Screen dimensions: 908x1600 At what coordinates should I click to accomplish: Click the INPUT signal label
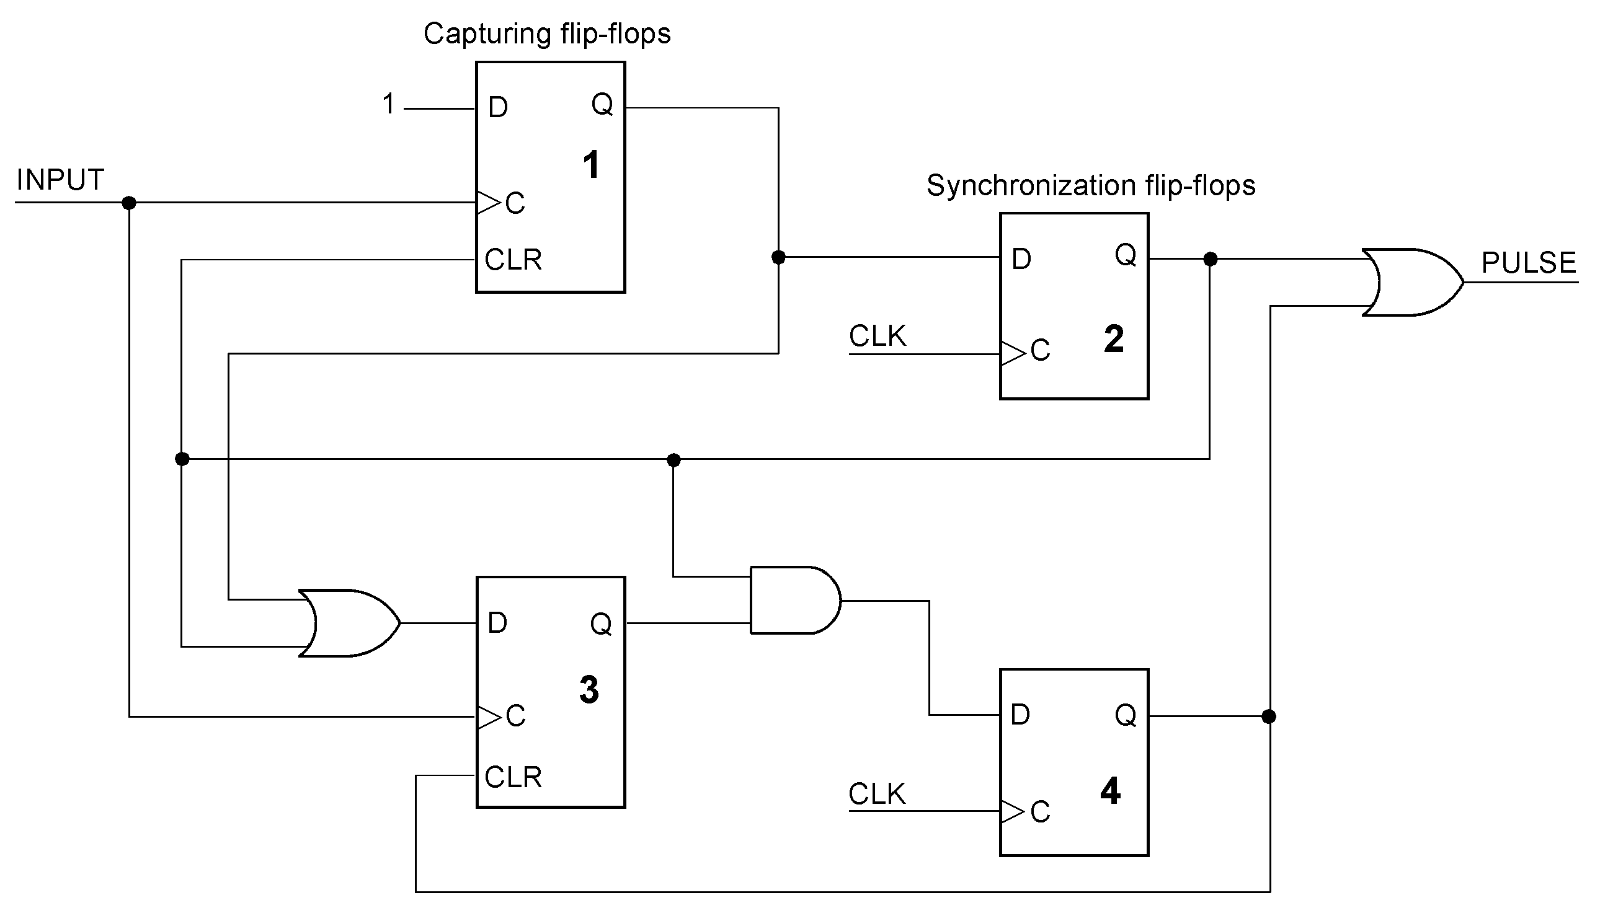click(60, 180)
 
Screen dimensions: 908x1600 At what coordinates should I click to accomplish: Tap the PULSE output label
click(1528, 263)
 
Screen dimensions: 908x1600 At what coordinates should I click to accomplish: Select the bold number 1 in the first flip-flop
click(591, 165)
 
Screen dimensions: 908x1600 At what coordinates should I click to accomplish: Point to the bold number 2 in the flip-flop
click(1113, 339)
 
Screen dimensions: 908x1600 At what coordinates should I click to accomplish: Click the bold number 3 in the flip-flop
click(589, 690)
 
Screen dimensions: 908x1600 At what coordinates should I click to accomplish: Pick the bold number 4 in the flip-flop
click(1110, 791)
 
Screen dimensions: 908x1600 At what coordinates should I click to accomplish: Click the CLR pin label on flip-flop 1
click(513, 260)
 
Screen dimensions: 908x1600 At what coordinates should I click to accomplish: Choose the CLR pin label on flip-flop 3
click(513, 777)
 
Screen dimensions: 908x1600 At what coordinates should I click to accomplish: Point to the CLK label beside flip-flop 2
click(877, 337)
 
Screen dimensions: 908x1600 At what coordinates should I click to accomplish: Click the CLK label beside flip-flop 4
click(876, 794)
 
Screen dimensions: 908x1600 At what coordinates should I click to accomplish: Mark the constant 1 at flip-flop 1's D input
click(389, 104)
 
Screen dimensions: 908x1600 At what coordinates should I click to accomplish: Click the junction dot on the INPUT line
click(129, 203)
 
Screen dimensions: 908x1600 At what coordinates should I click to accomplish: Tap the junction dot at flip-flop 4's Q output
click(1269, 716)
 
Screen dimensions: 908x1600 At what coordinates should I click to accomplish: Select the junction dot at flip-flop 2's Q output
click(1210, 259)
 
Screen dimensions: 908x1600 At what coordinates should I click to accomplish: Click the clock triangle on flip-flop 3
click(489, 717)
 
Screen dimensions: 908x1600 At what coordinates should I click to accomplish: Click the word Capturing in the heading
click(487, 33)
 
